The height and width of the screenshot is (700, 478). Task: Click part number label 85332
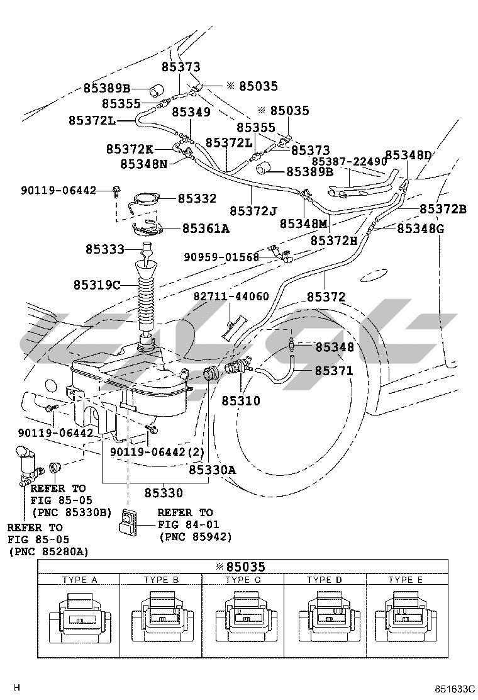197,199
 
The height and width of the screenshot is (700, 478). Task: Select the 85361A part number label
206,229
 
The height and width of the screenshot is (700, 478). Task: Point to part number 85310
240,401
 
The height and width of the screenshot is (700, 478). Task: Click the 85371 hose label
334,371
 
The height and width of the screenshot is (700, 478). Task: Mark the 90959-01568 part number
221,256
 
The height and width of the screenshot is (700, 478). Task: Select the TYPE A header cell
79,579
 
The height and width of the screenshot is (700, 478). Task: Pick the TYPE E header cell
406,579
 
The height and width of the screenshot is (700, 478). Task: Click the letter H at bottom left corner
17,687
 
